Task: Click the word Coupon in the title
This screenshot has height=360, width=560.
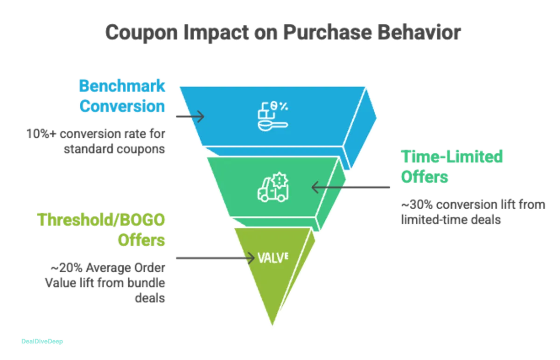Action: tap(135, 34)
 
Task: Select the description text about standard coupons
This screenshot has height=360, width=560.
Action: tap(97, 142)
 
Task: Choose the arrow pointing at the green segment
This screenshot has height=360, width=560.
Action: tap(350, 187)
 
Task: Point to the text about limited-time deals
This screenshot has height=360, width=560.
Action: tap(473, 212)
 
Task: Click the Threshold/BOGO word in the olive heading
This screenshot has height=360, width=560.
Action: tap(102, 220)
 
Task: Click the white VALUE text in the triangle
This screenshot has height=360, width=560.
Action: tap(273, 257)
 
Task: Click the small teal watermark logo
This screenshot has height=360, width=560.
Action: tap(42, 341)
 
